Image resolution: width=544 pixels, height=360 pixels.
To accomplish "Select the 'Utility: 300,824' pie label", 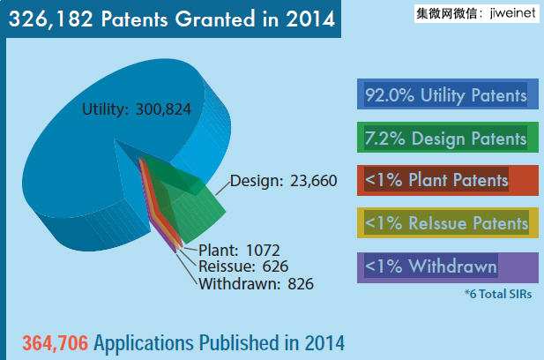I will pyautogui.click(x=137, y=109).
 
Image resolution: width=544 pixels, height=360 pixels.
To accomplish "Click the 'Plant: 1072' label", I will pyautogui.click(x=240, y=250).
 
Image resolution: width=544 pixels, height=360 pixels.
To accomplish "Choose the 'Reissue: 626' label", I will pyautogui.click(x=243, y=266).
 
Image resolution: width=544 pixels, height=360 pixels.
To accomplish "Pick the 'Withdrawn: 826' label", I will pyautogui.click(x=256, y=283).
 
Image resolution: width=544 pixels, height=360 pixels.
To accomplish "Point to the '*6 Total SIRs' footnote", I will pyautogui.click(x=498, y=295).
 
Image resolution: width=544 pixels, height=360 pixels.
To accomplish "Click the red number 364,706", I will pyautogui.click(x=55, y=342).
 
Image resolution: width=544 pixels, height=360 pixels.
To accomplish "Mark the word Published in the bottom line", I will pyautogui.click(x=241, y=342).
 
